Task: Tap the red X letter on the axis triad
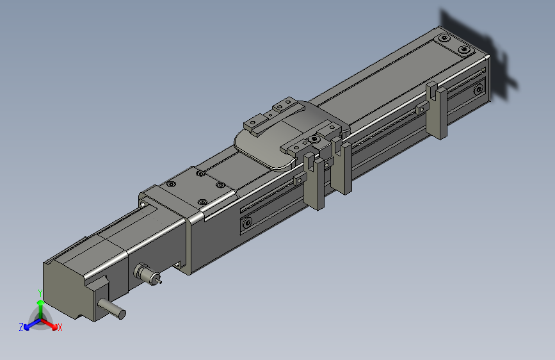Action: pos(60,328)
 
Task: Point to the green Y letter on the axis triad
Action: pos(40,293)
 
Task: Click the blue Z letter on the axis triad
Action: pos(21,327)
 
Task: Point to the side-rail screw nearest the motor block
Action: pos(246,223)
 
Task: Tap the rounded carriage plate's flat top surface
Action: pos(269,144)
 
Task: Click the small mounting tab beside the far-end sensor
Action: pos(422,108)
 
